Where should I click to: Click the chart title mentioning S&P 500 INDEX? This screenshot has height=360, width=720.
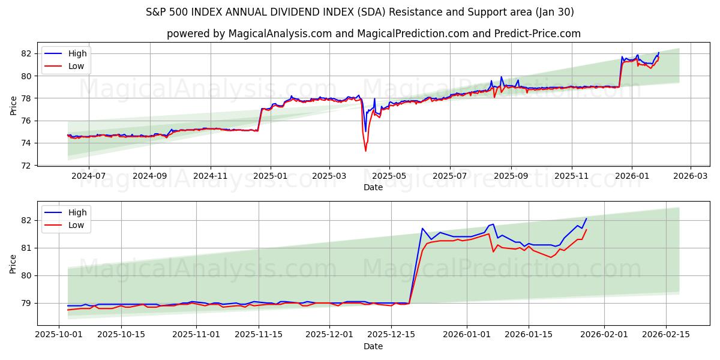click(x=359, y=12)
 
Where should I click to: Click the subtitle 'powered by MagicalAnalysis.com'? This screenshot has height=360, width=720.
click(x=373, y=34)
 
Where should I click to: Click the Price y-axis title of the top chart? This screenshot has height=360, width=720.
click(x=13, y=105)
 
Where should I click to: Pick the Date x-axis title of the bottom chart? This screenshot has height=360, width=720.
click(x=373, y=347)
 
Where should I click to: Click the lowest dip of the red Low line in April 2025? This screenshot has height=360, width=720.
click(x=365, y=151)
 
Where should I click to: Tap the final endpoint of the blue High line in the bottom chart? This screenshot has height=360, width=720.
click(x=586, y=218)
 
